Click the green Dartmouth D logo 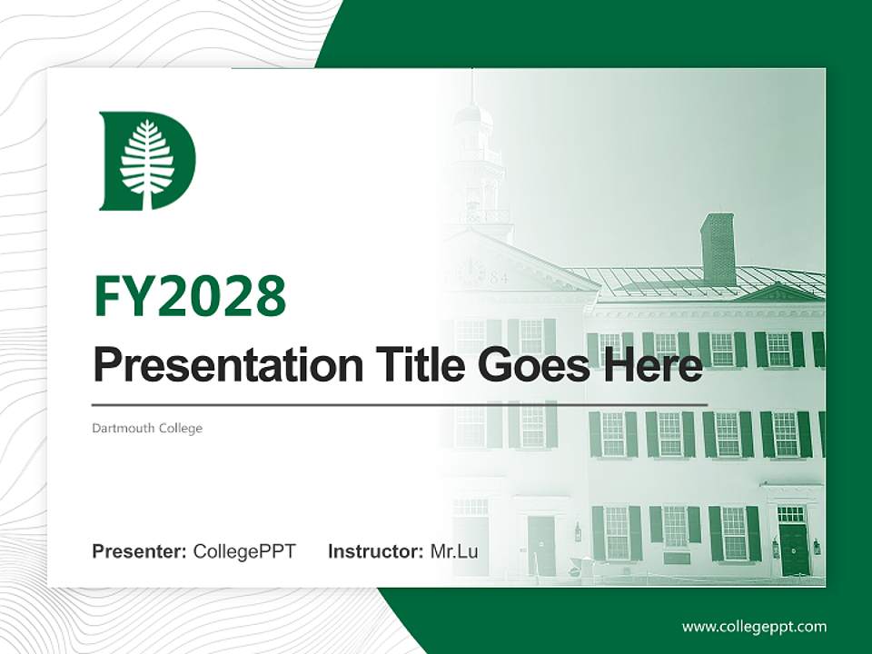pos(145,161)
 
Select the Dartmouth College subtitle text pos(147,428)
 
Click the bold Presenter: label pos(140,551)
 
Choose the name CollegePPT pos(244,551)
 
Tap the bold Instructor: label pos(376,551)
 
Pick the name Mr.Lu pos(454,551)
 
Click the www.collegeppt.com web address pos(754,626)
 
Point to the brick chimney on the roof pos(718,249)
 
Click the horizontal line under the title pos(400,403)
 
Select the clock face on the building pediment pos(470,271)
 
